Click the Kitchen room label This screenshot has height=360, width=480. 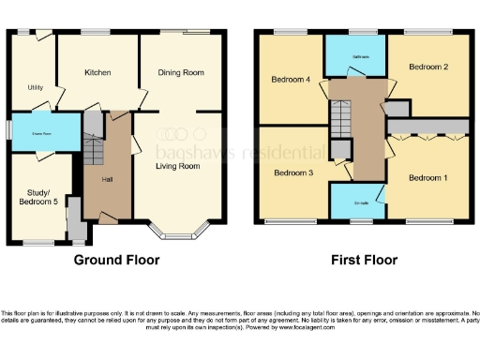click(97, 72)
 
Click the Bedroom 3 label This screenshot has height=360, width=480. click(292, 172)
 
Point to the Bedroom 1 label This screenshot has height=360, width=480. click(427, 177)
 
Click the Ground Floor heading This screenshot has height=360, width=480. click(116, 260)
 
